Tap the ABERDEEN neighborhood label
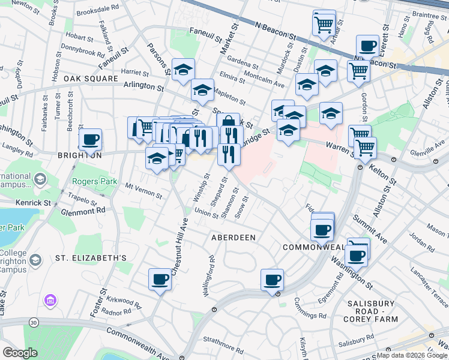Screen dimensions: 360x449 (x=234, y=238)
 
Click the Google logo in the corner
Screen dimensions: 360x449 (x=20, y=352)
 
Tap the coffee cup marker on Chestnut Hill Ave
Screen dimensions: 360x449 (x=160, y=279)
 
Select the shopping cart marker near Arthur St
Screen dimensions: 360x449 (x=324, y=25)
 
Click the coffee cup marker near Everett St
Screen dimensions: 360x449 (x=367, y=46)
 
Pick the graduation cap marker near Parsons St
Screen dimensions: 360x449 (x=184, y=70)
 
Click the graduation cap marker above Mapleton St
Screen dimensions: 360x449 (x=203, y=91)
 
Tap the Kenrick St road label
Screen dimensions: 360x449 (x=34, y=203)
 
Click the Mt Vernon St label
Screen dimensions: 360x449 (x=143, y=191)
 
